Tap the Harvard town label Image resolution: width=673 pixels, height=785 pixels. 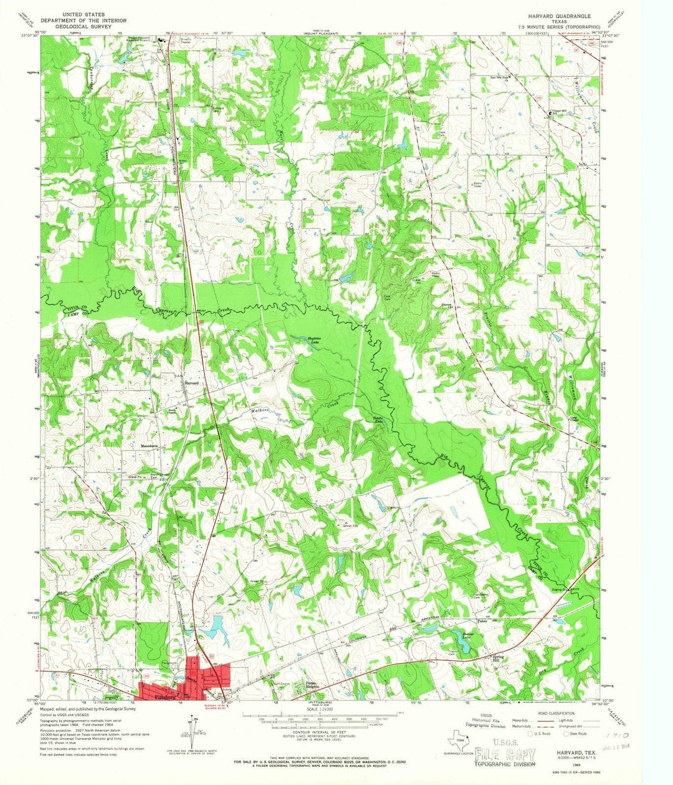pos(191,382)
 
